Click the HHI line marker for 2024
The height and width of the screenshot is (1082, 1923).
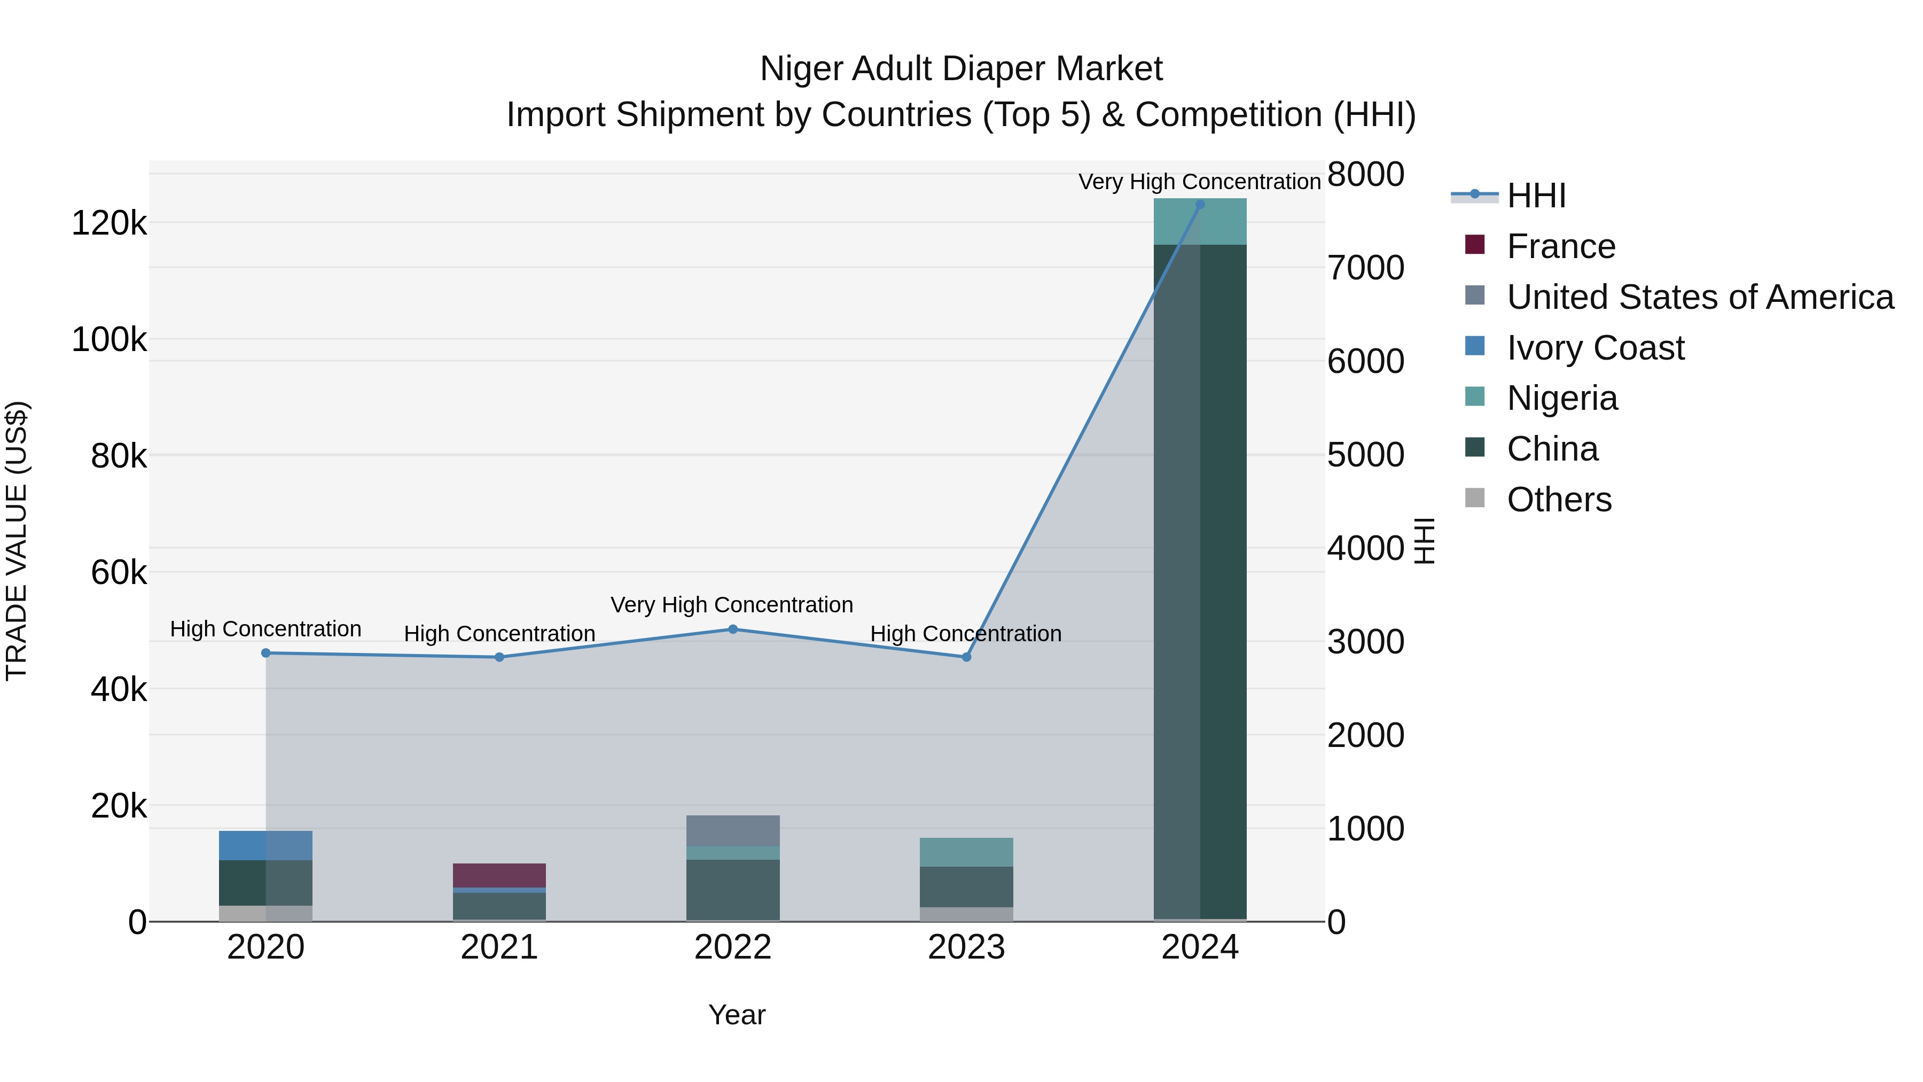point(1200,205)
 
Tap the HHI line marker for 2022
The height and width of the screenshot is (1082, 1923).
point(732,629)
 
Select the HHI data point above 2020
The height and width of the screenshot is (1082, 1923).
point(266,653)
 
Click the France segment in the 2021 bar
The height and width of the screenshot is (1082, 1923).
point(499,875)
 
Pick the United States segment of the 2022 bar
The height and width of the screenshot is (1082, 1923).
point(732,830)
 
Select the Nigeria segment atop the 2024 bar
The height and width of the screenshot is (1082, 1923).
point(1200,222)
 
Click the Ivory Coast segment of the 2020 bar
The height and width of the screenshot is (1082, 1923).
point(266,845)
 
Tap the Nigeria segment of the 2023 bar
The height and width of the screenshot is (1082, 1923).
point(966,852)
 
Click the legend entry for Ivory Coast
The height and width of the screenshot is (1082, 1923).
point(1594,348)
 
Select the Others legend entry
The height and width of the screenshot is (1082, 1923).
point(1559,500)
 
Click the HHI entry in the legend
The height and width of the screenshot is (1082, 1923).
point(1536,197)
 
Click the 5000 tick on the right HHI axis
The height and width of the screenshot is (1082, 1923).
point(1365,455)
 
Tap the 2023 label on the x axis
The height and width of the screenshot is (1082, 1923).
point(966,947)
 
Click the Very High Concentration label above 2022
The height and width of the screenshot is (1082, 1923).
point(732,605)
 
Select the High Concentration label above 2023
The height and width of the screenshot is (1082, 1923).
point(965,634)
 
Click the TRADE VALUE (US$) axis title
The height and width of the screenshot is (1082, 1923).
point(17,541)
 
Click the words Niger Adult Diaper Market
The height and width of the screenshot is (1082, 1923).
point(961,69)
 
